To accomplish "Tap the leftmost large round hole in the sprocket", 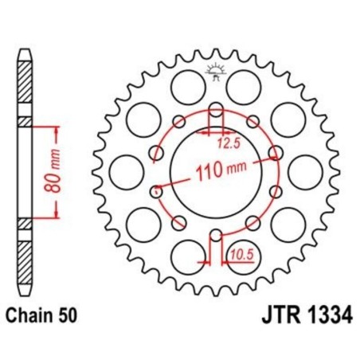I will (x=124, y=171).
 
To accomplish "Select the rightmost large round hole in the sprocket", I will (x=303, y=171).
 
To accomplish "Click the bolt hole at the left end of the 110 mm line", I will (x=156, y=190).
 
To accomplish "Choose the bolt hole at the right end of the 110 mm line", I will (x=276, y=151).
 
